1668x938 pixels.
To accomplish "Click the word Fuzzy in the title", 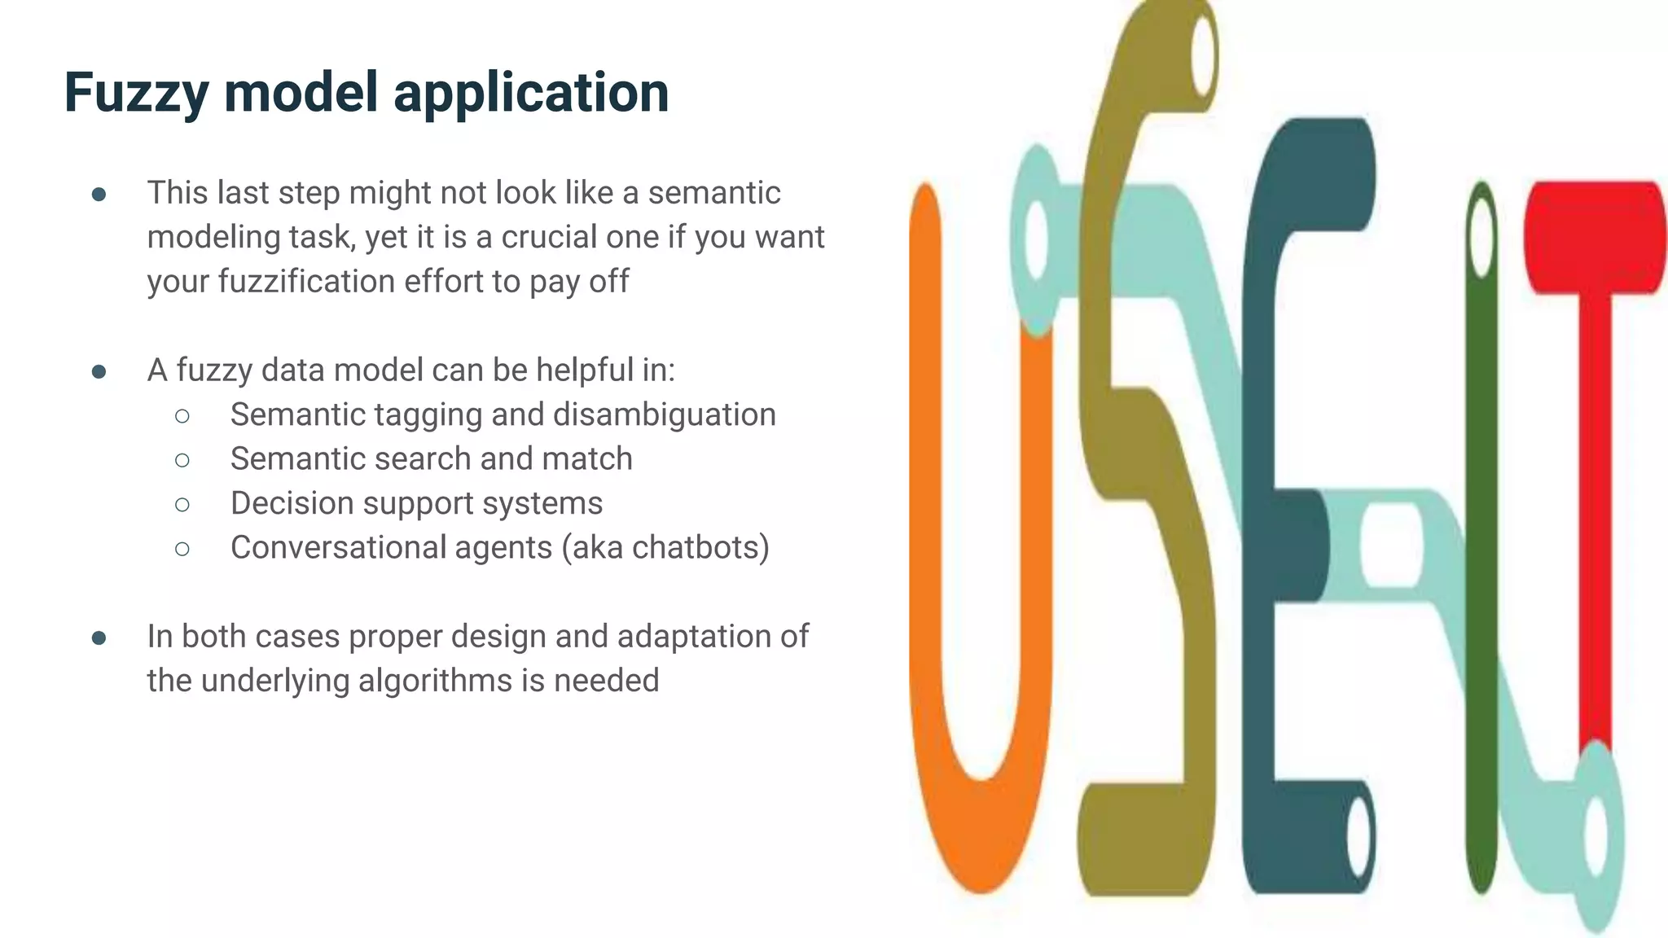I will click(x=136, y=93).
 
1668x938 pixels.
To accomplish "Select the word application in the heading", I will click(x=531, y=93).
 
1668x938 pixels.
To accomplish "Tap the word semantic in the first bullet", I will click(x=714, y=193).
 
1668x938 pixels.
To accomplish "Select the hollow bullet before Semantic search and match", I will click(x=182, y=460).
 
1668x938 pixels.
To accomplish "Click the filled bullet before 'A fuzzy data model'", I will click(x=99, y=371).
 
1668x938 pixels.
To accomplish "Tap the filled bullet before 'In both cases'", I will click(x=99, y=638).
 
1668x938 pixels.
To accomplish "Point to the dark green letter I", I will click(x=1481, y=570).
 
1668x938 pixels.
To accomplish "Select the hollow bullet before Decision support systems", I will click(x=182, y=505).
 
